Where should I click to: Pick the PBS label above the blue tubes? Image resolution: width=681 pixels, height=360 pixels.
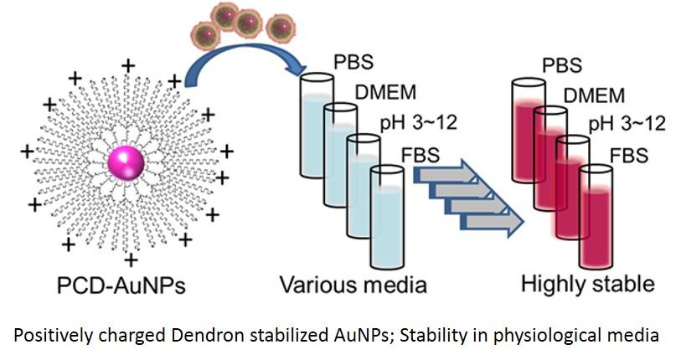coord(353,63)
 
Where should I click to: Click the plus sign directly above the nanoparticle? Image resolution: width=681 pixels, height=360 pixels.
coord(128,64)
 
